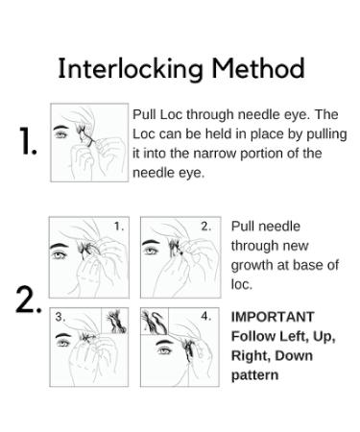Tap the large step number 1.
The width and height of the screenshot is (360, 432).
pos(29,143)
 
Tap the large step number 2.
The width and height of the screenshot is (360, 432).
pos(29,300)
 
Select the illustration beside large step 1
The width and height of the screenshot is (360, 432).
pos(88,142)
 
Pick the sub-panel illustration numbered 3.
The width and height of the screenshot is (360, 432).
pos(88,346)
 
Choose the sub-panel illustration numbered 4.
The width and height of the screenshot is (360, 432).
pos(179,346)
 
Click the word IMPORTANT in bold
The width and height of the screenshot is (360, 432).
pos(273,317)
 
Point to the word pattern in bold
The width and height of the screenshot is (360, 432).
pos(254,374)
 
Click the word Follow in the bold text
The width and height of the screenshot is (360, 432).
pos(252,336)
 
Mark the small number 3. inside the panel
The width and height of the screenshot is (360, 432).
pos(60,316)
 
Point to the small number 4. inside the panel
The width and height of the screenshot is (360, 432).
pos(205,316)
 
